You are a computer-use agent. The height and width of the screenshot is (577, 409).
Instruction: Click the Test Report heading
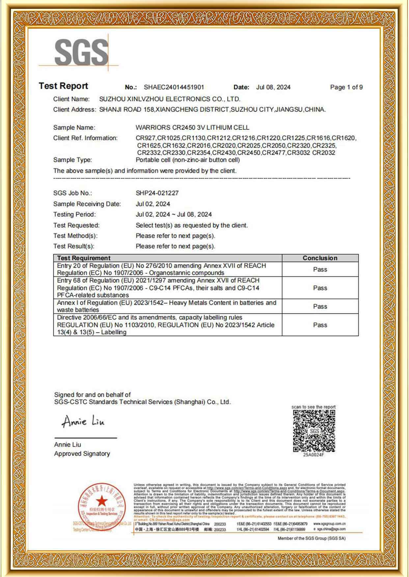pyautogui.click(x=63, y=86)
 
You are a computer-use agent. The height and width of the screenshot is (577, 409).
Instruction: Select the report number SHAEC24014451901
pyautogui.click(x=174, y=87)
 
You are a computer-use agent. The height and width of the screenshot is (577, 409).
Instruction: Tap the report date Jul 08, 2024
pyautogui.click(x=273, y=87)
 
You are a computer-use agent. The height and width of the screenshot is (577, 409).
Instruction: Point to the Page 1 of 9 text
pyautogui.click(x=346, y=87)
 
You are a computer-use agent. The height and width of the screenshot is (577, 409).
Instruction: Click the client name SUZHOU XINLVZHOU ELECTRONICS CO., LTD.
pyautogui.click(x=170, y=99)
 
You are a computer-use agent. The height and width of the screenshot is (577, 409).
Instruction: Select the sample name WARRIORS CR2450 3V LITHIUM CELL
pyautogui.click(x=192, y=128)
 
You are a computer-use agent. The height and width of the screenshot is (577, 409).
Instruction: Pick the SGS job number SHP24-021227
pyautogui.click(x=157, y=193)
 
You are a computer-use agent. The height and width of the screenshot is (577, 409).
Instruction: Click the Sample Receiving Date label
pyautogui.click(x=87, y=204)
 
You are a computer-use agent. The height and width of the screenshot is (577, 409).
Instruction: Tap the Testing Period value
pyautogui.click(x=174, y=215)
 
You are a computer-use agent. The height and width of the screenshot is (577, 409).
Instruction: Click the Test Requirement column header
pyautogui.click(x=84, y=258)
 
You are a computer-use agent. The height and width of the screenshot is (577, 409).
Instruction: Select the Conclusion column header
pyautogui.click(x=320, y=258)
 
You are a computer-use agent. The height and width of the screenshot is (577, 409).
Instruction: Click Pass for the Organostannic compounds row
pyautogui.click(x=320, y=270)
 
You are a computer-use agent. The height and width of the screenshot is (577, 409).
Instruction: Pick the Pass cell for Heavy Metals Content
pyautogui.click(x=320, y=306)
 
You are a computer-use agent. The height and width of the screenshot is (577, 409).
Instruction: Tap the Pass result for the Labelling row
pyautogui.click(x=320, y=325)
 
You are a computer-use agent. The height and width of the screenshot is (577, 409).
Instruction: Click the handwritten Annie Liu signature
pyautogui.click(x=83, y=421)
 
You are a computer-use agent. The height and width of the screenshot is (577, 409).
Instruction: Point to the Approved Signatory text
pyautogui.click(x=82, y=454)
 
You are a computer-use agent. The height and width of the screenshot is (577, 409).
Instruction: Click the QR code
pyautogui.click(x=314, y=431)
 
